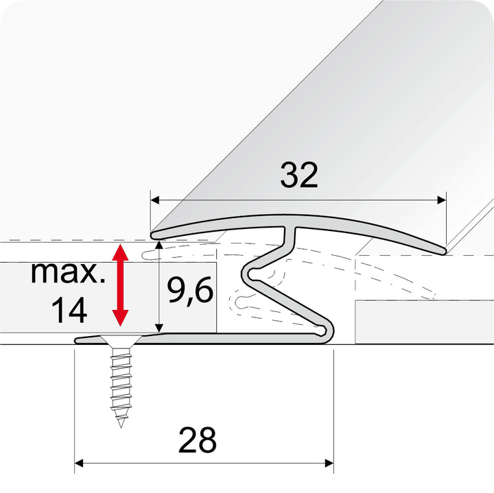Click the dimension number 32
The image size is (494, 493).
pos(299,176)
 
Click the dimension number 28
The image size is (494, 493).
pos(198,440)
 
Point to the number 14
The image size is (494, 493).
pos(69,309)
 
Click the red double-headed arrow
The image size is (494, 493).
pos(121,285)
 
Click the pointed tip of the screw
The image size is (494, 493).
pos(121,424)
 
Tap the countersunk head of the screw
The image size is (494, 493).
pos(121,341)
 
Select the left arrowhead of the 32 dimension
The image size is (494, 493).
pos(154,200)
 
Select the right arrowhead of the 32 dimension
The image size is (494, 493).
pos(442,200)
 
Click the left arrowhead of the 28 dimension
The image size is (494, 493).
pos(79,464)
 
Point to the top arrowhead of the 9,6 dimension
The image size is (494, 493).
pos(160,244)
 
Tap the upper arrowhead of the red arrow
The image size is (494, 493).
pos(121,251)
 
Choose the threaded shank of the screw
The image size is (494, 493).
pos(121,384)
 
